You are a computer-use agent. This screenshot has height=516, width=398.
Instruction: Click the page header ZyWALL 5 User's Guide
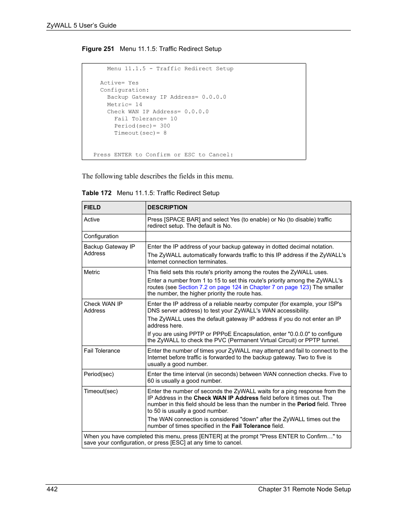point(81,25)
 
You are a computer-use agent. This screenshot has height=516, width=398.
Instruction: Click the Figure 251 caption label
point(98,49)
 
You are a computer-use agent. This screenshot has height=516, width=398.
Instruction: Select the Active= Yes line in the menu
point(119,83)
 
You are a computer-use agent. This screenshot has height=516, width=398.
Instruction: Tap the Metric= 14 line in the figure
point(124,104)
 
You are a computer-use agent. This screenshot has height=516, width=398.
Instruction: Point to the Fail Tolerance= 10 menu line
point(146,119)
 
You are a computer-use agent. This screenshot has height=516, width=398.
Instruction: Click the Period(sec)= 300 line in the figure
point(142,126)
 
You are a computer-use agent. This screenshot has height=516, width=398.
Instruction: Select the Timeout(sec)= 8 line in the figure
point(140,133)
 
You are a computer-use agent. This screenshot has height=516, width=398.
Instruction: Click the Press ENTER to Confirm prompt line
point(163,155)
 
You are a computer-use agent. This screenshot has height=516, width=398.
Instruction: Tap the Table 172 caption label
point(96,193)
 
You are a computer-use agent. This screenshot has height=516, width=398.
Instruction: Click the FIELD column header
point(92,207)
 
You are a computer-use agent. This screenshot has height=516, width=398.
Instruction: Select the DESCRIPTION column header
point(167,207)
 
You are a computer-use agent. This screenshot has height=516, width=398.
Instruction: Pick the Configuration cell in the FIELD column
point(101,236)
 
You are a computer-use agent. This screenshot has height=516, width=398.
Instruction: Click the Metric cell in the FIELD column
point(92,272)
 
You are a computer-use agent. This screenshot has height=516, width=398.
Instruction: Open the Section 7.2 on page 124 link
point(210,287)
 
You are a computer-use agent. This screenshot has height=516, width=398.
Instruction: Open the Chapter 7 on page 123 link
point(279,287)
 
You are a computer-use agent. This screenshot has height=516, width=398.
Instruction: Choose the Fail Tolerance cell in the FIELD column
point(102,351)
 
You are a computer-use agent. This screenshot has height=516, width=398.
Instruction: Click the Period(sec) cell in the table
point(98,374)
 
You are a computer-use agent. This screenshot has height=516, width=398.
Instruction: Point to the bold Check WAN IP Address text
point(226,398)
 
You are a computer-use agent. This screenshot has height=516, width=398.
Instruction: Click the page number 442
point(52,489)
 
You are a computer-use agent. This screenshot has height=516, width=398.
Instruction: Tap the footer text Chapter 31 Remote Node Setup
point(304,489)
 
